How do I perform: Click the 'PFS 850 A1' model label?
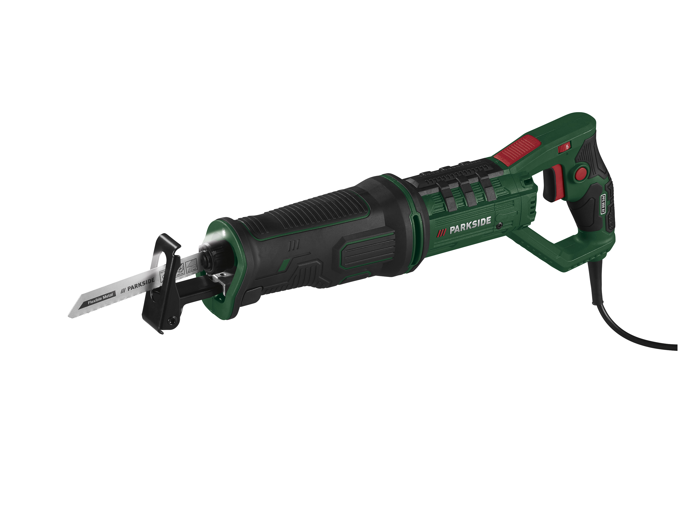click(603, 204)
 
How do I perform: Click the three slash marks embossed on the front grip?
click(294, 245)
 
